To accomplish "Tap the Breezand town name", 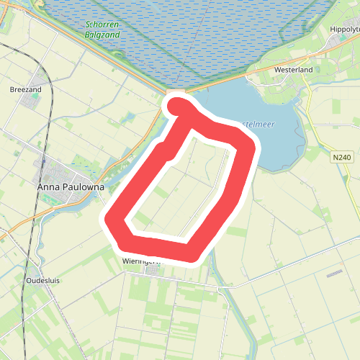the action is click(26, 90).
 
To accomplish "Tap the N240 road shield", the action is click(342, 157).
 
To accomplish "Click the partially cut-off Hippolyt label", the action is click(343, 29).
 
